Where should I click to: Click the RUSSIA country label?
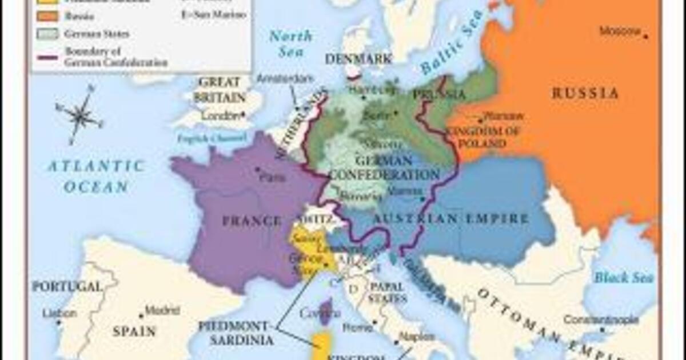coord(585,93)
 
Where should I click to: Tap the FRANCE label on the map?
coord(252,221)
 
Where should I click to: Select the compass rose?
coord(81,114)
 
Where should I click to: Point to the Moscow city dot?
coord(646,37)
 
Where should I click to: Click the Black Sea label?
coord(619,278)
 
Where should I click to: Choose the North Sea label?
coord(290,43)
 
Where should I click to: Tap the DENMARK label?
coord(358,59)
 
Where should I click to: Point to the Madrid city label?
coord(158,311)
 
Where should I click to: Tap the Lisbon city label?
coord(59,314)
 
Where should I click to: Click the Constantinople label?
coord(601,319)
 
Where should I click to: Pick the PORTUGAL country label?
coord(67,286)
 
